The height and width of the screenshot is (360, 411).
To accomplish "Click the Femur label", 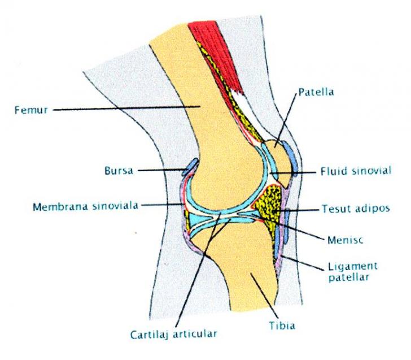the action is click(31, 110).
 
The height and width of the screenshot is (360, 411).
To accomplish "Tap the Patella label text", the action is click(316, 92).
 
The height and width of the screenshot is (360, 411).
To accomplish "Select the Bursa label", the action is click(119, 171).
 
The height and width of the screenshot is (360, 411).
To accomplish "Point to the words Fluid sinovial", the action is click(356, 171).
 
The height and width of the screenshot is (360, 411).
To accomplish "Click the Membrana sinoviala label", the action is click(85, 206).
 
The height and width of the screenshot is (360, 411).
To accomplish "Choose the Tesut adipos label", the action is click(356, 209).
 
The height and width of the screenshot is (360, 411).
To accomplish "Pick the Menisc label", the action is click(345, 240).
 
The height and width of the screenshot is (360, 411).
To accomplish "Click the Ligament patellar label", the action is click(353, 272).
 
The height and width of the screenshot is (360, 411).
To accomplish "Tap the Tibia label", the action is click(282, 326).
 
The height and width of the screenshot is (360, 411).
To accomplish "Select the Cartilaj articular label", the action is click(174, 335).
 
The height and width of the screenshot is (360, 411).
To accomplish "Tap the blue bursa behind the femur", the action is click(190, 167).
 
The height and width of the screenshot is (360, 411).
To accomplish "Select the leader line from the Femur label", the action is click(126, 108).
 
